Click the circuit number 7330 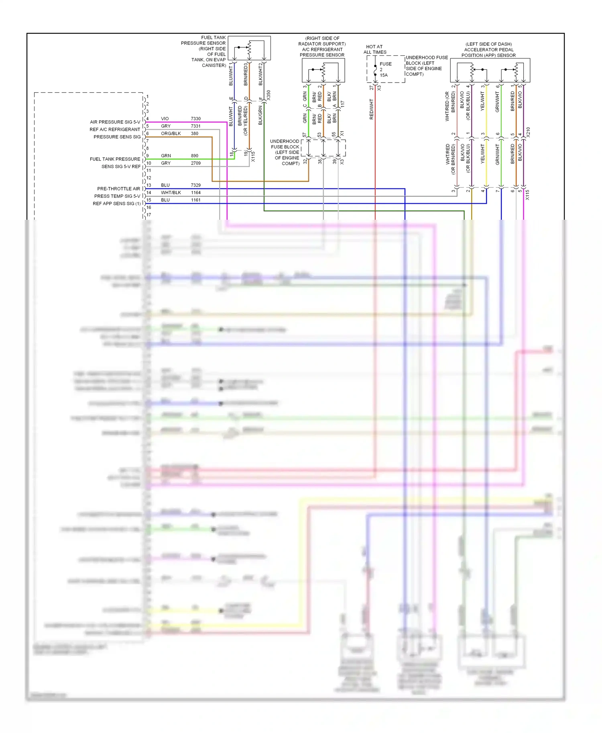(x=195, y=119)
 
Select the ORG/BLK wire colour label (x=171, y=134)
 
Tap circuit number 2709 (x=195, y=163)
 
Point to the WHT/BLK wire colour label (x=171, y=192)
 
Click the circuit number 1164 (x=195, y=192)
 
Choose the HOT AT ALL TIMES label (x=374, y=49)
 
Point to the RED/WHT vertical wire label (x=371, y=109)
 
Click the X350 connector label (x=268, y=95)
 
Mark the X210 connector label (x=528, y=132)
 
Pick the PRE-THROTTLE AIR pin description (x=118, y=188)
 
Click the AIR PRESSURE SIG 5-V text (x=115, y=122)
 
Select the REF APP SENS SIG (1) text (x=116, y=203)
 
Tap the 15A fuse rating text (x=384, y=75)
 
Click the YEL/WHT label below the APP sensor (x=483, y=101)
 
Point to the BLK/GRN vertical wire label (x=260, y=115)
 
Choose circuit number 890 (x=194, y=156)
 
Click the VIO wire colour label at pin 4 (x=165, y=119)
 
